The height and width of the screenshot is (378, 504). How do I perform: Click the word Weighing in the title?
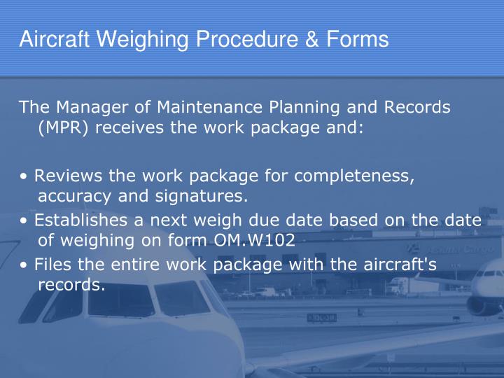point(142,40)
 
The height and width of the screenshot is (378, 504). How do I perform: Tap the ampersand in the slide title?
point(311,39)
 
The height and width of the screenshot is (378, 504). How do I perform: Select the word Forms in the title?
point(358,39)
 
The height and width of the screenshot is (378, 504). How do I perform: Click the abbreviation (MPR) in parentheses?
point(63,127)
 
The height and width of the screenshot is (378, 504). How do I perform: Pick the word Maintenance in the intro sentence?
point(209,106)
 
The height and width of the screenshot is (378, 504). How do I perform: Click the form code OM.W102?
point(254,240)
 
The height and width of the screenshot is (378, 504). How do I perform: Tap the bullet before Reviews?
point(24,176)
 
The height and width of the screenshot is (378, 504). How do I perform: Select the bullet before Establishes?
point(24,220)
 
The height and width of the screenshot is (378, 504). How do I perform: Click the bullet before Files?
point(24,265)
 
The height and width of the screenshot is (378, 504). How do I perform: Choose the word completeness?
point(354,176)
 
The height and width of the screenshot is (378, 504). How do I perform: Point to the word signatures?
point(201,197)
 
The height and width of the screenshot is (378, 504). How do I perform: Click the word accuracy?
point(75,197)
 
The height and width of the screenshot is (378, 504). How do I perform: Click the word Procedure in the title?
point(247,39)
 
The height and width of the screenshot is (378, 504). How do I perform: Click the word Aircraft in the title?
point(55,39)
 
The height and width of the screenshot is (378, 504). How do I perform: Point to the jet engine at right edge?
point(479,305)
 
